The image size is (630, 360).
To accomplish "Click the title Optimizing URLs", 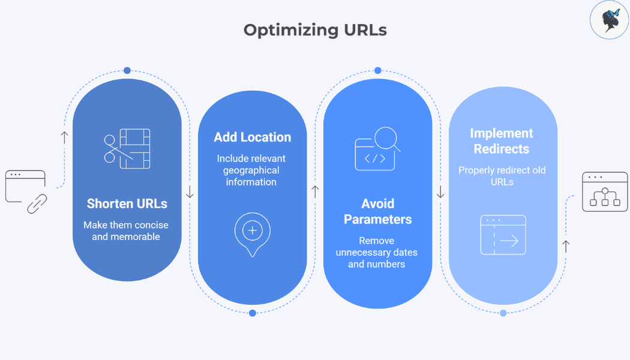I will click(x=315, y=30).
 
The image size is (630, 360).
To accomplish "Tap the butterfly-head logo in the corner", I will click(x=609, y=20).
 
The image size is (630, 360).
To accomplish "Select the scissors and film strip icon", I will click(x=127, y=148).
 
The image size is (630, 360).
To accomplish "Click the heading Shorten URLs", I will click(x=127, y=203).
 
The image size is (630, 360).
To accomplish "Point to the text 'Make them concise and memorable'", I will click(x=126, y=231).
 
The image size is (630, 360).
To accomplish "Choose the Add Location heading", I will click(x=252, y=137).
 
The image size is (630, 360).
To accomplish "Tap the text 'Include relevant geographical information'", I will click(x=251, y=170).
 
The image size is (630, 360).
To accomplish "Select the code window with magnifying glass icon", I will click(x=377, y=149).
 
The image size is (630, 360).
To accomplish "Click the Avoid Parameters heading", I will click(x=377, y=211).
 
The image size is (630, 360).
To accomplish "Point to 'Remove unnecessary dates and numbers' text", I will click(x=377, y=253).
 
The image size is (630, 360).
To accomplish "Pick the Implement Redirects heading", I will click(x=502, y=141).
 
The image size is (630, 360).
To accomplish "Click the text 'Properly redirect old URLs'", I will click(x=502, y=176).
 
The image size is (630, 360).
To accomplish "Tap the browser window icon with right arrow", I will click(x=503, y=235).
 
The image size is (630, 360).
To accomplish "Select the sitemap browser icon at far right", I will click(x=604, y=192).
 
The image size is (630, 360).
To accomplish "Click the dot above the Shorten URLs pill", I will click(x=127, y=70).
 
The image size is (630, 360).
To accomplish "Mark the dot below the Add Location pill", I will click(x=253, y=313).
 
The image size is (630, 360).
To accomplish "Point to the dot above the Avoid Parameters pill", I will click(x=378, y=70).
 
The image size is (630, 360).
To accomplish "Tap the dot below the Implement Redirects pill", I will click(x=503, y=313).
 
